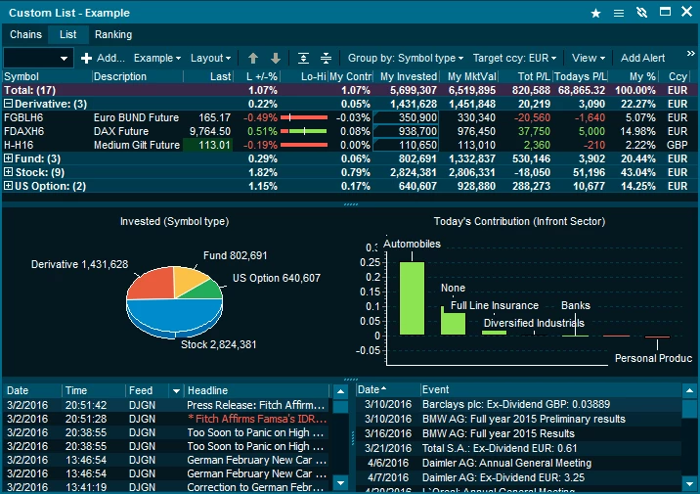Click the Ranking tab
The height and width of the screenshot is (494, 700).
113,34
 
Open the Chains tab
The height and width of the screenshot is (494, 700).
26,34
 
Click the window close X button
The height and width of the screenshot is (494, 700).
689,13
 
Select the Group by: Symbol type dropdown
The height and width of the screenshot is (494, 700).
406,59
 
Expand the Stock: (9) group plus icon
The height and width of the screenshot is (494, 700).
9,172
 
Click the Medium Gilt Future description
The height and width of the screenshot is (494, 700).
137,145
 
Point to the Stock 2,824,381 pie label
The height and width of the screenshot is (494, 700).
218,344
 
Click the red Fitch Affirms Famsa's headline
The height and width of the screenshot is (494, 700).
256,418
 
